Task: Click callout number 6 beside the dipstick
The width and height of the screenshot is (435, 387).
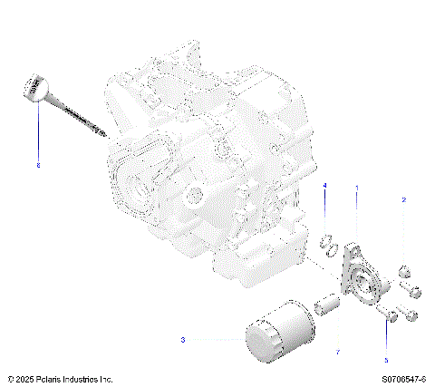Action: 38,165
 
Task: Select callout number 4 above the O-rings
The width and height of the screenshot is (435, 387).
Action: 324,186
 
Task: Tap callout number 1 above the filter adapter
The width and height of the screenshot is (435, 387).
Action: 356,188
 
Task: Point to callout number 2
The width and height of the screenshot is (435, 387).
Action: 404,199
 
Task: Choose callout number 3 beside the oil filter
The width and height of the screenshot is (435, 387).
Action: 182,340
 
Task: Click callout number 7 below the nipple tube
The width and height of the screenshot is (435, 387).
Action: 337,351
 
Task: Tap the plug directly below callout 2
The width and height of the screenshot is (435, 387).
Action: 405,271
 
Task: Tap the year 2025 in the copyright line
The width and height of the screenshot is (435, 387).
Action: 24,377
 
